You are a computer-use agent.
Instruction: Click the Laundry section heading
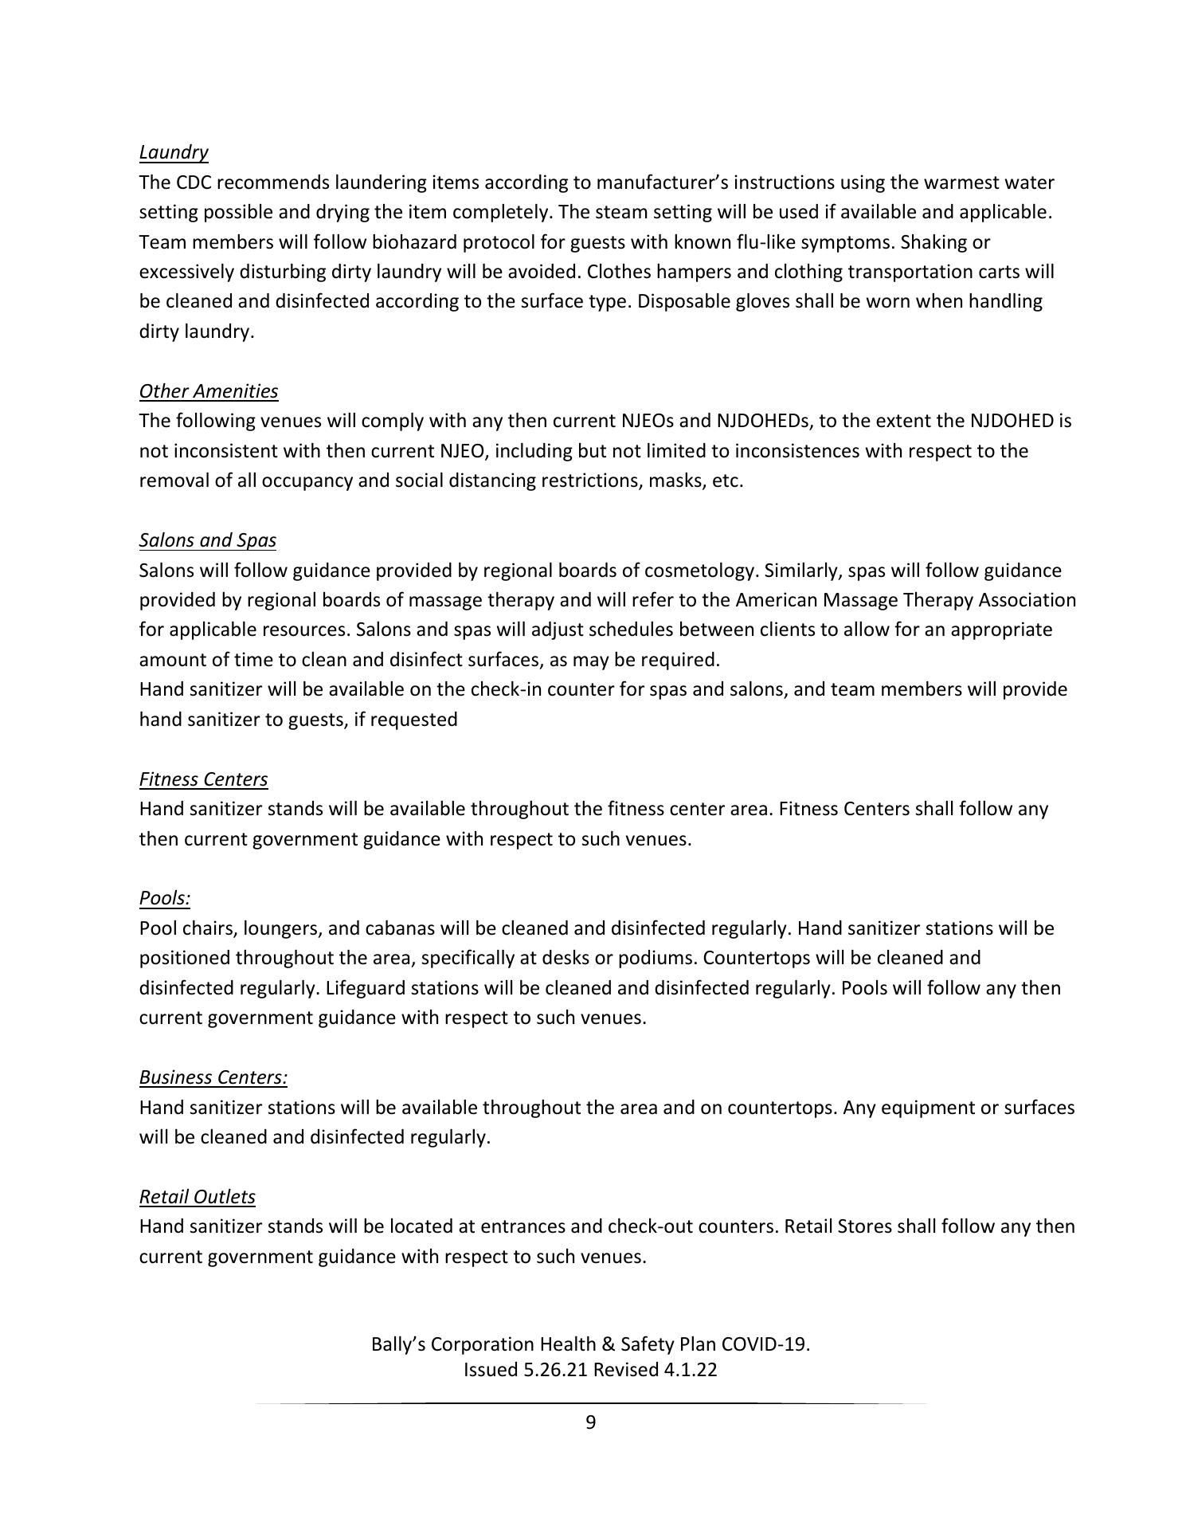tap(174, 152)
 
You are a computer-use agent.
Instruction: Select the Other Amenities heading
tap(209, 391)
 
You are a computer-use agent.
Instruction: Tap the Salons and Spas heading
tap(207, 540)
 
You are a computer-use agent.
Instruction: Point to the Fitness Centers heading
tap(203, 779)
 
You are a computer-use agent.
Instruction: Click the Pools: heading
tap(165, 898)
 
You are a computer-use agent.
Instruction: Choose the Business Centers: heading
tap(213, 1077)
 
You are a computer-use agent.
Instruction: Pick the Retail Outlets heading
tap(197, 1197)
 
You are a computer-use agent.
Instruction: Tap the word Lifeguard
tap(362, 988)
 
